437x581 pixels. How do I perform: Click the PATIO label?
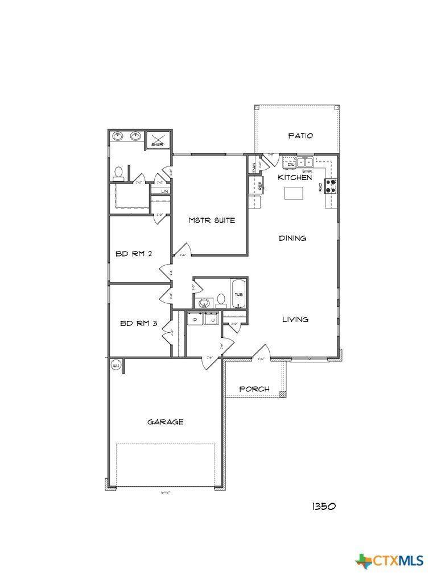click(x=300, y=136)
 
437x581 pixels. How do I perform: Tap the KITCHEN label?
click(x=295, y=177)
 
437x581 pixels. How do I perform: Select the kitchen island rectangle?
click(x=294, y=193)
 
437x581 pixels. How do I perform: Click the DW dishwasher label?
click(x=291, y=164)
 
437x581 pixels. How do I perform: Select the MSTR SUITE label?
click(x=212, y=220)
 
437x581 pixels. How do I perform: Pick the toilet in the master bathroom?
click(x=119, y=173)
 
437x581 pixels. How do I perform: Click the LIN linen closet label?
click(x=164, y=191)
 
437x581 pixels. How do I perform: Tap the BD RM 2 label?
click(x=134, y=254)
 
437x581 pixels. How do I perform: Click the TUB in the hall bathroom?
click(x=238, y=295)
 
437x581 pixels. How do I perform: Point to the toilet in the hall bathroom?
click(x=221, y=299)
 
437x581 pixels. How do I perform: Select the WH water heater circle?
click(x=116, y=365)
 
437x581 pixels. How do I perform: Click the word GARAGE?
click(x=166, y=421)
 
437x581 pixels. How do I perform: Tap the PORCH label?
click(x=254, y=389)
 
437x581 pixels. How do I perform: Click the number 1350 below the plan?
click(x=324, y=505)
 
